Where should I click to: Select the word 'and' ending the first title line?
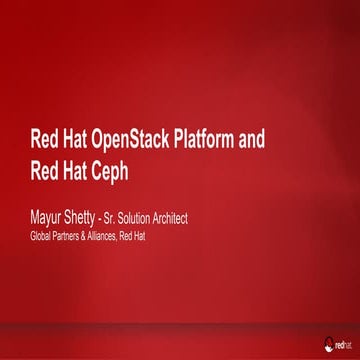(x=254, y=139)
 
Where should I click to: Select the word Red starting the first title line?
(x=43, y=139)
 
